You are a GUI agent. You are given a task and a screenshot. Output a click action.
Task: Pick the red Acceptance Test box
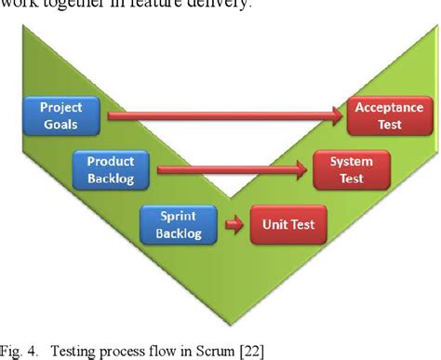(389, 115)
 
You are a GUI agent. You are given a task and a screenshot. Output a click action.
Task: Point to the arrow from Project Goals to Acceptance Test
(223, 116)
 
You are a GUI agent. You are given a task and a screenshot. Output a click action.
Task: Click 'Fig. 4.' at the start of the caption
(20, 350)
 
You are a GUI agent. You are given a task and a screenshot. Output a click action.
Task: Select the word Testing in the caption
(75, 350)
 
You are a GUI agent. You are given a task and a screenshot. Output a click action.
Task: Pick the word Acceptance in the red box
(389, 107)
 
